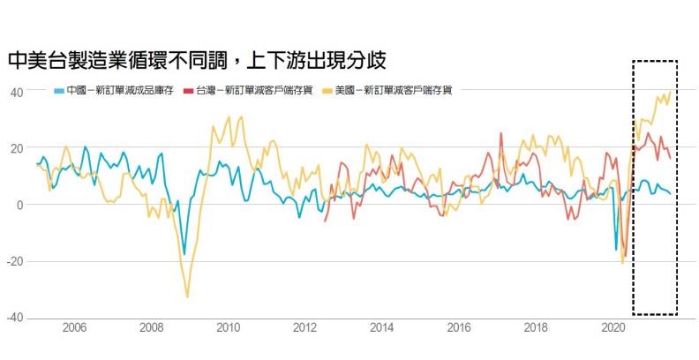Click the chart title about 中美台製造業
(x=196, y=60)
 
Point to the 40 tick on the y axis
(x=17, y=92)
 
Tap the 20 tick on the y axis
(x=17, y=148)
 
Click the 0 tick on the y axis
(x=19, y=205)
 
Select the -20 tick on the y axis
(x=15, y=261)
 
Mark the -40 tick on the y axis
(x=15, y=318)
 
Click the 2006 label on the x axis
(x=75, y=328)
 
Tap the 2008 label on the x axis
(x=152, y=328)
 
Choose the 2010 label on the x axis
(x=229, y=328)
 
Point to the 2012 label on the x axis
(x=305, y=328)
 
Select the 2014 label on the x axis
(x=382, y=328)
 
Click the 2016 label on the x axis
(x=459, y=328)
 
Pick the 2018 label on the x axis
(x=536, y=328)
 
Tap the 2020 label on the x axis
(x=613, y=328)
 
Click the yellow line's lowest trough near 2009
(x=187, y=296)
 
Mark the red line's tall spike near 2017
(x=501, y=134)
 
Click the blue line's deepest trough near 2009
(x=184, y=254)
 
